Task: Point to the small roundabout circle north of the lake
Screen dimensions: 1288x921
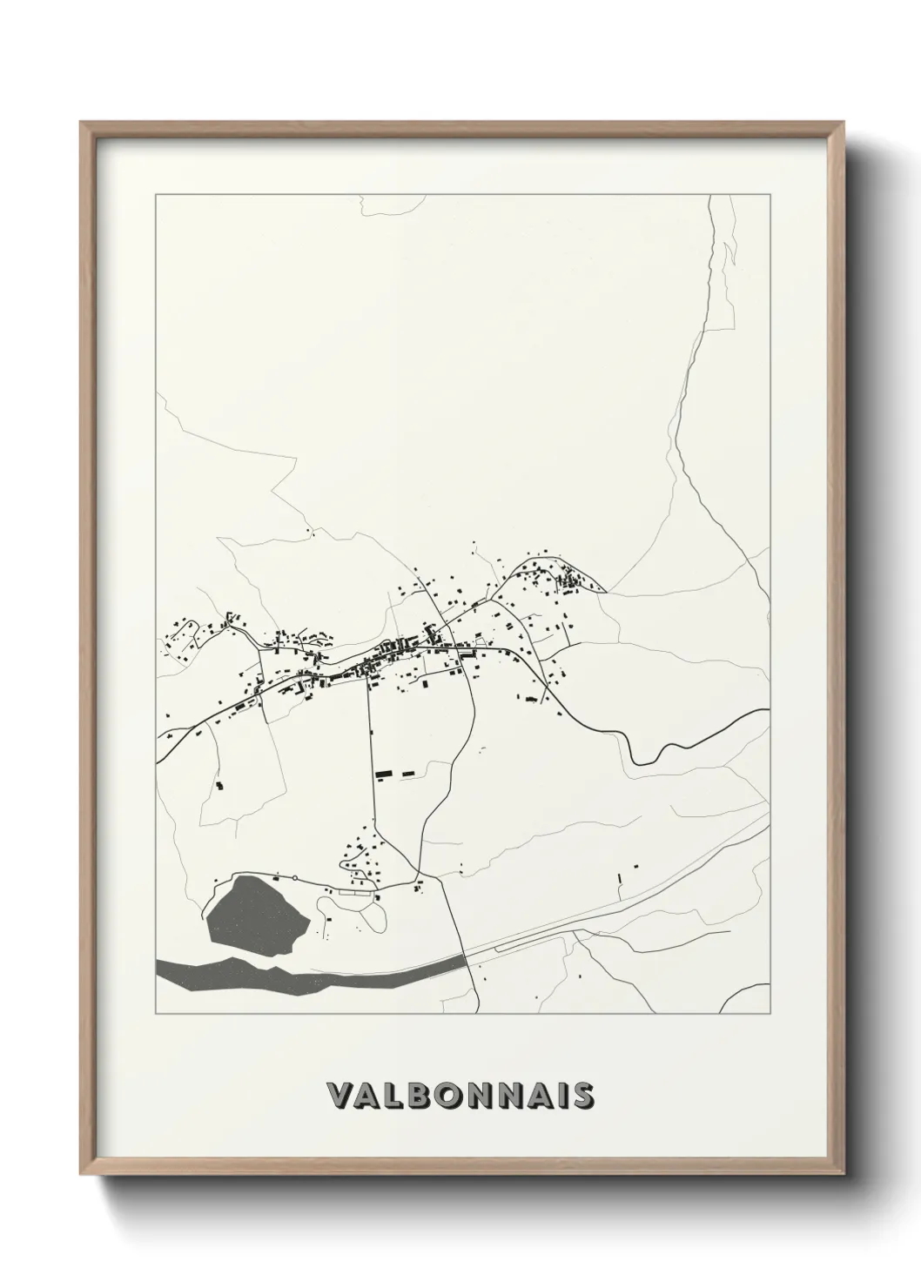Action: click(295, 877)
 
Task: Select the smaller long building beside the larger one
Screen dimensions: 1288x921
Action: click(407, 772)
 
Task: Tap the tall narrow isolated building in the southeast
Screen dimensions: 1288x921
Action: click(619, 879)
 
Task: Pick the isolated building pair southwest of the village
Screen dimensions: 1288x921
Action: click(219, 786)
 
